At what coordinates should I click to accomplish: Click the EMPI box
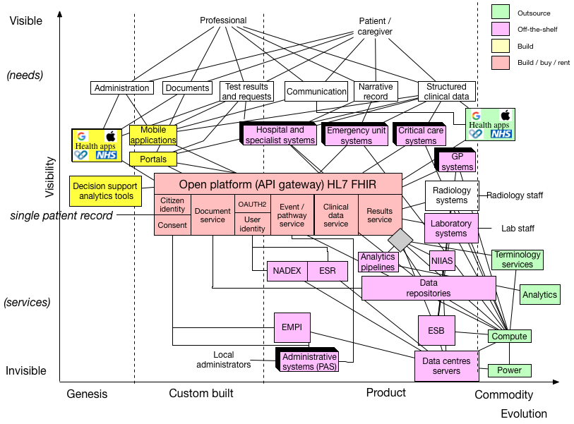292,327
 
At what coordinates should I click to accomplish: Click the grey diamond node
400,240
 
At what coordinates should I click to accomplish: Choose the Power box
509,370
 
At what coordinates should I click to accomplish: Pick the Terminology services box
518,259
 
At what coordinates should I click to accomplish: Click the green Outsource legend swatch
501,13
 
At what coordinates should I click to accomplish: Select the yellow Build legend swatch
501,46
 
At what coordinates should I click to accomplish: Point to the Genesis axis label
87,394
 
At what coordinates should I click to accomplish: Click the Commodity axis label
503,394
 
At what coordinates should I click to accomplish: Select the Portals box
153,159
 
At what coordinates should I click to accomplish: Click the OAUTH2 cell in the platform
252,204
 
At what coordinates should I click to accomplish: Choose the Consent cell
172,226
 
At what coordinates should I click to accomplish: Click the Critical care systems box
421,135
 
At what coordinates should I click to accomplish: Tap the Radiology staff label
515,195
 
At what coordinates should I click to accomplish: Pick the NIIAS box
442,261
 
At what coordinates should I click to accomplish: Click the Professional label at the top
223,20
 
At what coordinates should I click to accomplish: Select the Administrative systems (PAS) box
309,361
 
